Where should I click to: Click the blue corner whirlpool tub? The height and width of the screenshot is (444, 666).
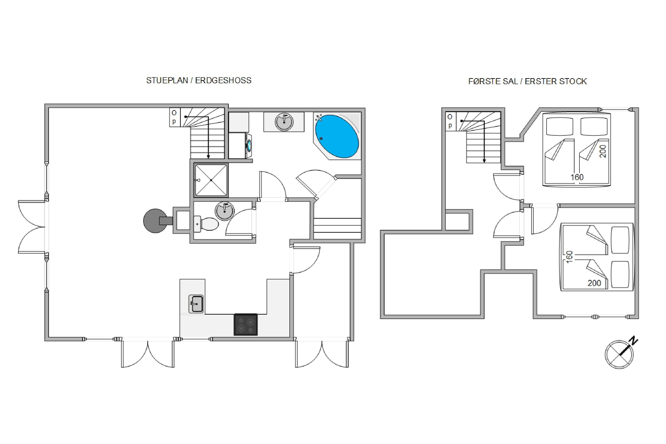[337, 136]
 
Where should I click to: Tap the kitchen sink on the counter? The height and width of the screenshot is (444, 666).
[196, 304]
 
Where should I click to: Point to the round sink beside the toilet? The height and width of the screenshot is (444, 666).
[225, 211]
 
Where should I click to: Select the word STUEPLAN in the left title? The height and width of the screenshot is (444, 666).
[167, 80]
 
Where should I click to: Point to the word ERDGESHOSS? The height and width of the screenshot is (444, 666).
[223, 80]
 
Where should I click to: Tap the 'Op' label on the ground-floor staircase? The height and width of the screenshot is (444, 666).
[174, 117]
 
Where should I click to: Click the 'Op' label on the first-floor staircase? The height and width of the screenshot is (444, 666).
[450, 121]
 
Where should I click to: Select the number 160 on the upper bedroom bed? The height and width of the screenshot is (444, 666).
[577, 177]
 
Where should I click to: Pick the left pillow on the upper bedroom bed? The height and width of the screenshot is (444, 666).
[559, 127]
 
